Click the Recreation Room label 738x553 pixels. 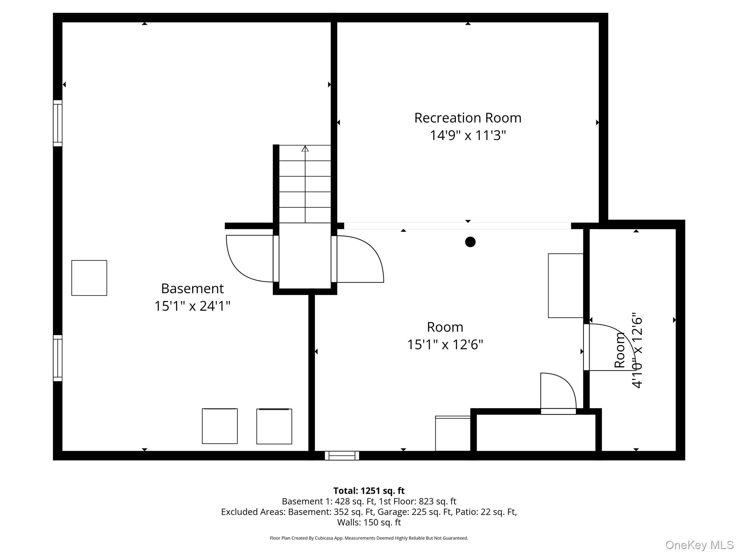pyautogui.click(x=468, y=118)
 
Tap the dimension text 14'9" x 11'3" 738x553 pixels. pyautogui.click(x=468, y=136)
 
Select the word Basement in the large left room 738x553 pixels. pyautogui.click(x=192, y=288)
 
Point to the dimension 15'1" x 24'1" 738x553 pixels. pyautogui.click(x=192, y=306)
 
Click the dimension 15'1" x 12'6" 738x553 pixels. pyautogui.click(x=445, y=345)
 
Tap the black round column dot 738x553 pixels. pyautogui.click(x=470, y=242)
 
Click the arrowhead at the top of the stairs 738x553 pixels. pyautogui.click(x=305, y=148)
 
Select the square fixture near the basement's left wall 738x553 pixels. pyautogui.click(x=89, y=278)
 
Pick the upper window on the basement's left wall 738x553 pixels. pyautogui.click(x=58, y=123)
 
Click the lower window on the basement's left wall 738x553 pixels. pyautogui.click(x=58, y=358)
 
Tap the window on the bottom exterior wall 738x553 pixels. pyautogui.click(x=342, y=455)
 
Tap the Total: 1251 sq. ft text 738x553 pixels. pyautogui.click(x=369, y=491)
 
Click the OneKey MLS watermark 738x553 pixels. pyautogui.click(x=699, y=545)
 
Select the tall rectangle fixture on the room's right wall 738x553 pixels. pyautogui.click(x=566, y=286)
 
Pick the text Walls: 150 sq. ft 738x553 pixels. pyautogui.click(x=369, y=522)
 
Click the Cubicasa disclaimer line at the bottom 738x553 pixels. pyautogui.click(x=369, y=538)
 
